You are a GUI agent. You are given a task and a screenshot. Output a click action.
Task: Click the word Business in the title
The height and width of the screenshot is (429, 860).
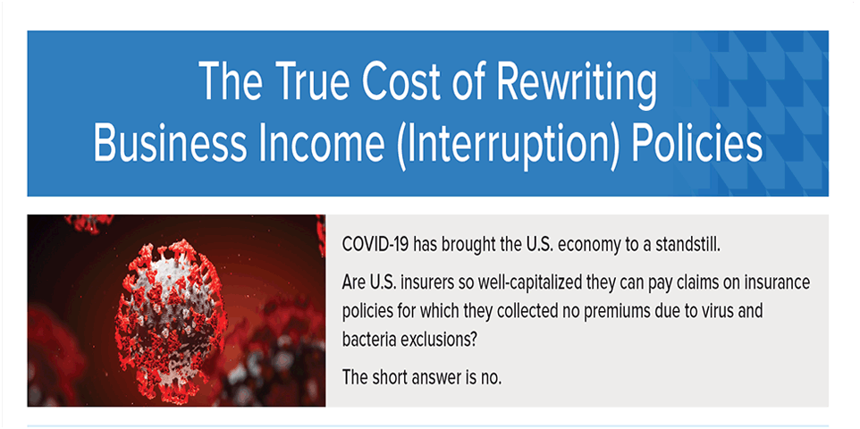[x=168, y=141]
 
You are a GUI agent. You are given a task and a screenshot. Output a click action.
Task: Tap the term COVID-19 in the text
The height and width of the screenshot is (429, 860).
[x=375, y=245]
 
